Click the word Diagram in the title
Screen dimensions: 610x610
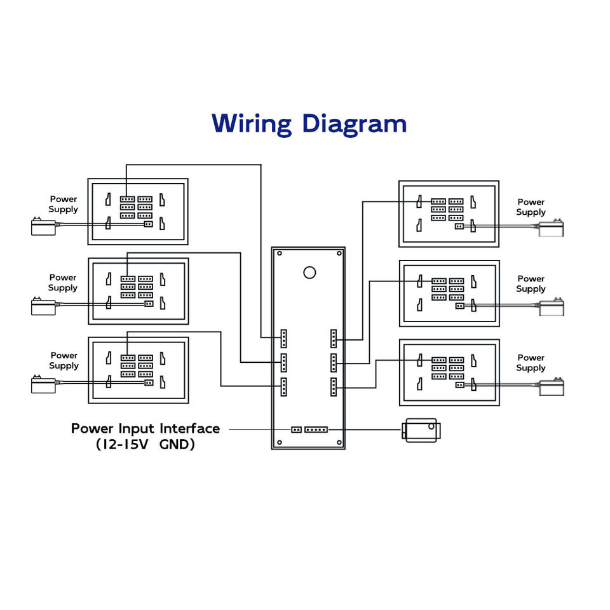click(354, 123)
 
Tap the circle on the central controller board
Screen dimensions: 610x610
click(309, 272)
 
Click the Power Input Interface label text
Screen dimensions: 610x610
click(146, 428)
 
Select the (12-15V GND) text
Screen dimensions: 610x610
click(146, 444)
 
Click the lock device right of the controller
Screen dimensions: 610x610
click(420, 430)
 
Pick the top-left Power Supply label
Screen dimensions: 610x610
click(64, 204)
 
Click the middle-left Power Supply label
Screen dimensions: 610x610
click(63, 282)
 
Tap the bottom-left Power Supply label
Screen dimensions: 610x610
click(64, 360)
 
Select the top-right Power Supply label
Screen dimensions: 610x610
click(531, 207)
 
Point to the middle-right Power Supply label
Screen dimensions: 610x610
click(531, 283)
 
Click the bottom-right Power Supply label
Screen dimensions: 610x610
click(531, 363)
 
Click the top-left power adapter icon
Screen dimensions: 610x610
click(43, 226)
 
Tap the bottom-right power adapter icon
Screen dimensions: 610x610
click(551, 387)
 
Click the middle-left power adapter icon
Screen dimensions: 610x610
click(43, 306)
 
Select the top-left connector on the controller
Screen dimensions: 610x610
click(284, 338)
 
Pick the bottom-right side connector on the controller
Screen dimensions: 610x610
click(334, 387)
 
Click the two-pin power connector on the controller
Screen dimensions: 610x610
click(296, 430)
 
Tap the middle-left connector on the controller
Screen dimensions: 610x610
click(284, 362)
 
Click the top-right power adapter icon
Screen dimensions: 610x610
click(551, 227)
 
